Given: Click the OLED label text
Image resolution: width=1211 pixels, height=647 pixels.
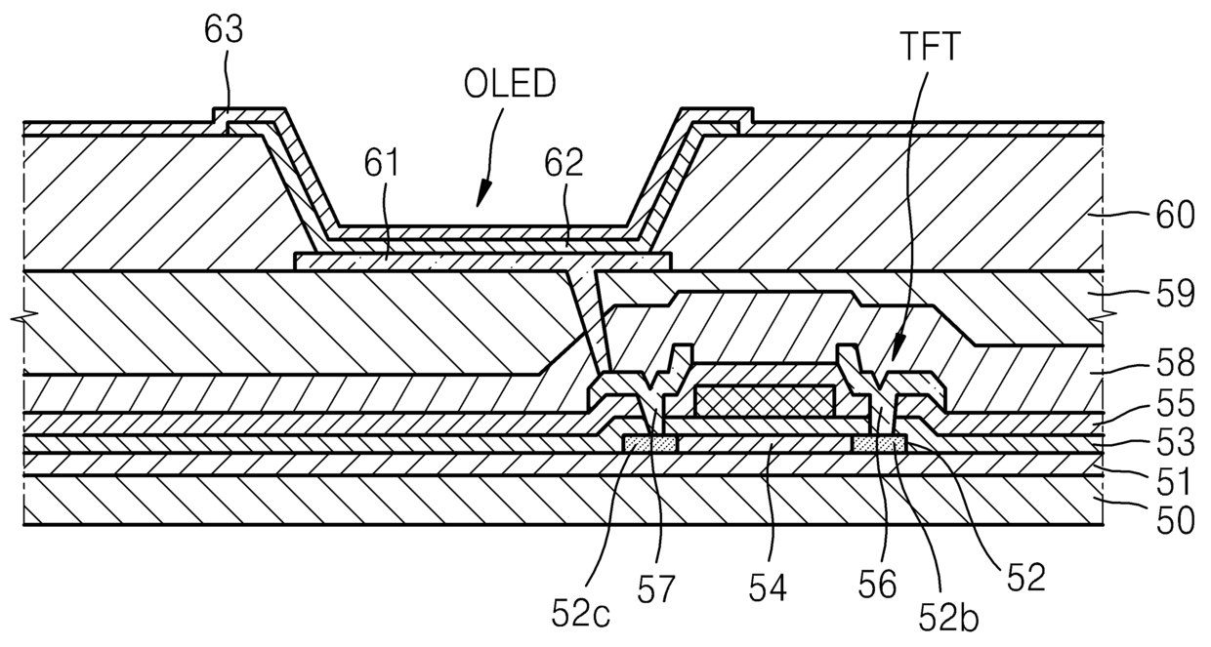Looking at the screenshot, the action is [510, 84].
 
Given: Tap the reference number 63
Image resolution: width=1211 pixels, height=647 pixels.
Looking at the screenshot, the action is [224, 29].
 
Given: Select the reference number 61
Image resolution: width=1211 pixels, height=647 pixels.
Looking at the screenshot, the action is [381, 162].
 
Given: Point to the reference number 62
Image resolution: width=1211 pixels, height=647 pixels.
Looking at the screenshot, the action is [564, 162].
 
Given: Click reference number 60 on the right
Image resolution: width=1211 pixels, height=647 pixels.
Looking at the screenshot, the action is [1175, 215].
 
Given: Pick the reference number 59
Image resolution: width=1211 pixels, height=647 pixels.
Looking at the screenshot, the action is [1175, 294].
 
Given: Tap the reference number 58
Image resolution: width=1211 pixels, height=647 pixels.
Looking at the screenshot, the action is [1175, 363].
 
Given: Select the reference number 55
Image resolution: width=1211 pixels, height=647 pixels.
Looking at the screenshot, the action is [1175, 403].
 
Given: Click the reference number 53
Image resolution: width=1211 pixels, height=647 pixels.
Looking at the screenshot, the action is [1175, 442].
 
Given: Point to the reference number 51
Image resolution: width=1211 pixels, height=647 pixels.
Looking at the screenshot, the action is [1173, 481].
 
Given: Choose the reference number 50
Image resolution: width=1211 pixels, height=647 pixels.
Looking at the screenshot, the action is [1175, 520].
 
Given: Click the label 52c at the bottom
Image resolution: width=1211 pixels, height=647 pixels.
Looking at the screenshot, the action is [581, 613].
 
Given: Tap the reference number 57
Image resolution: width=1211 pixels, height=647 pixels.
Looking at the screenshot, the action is [656, 588].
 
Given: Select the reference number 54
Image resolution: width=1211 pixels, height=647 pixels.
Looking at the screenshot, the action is [768, 587].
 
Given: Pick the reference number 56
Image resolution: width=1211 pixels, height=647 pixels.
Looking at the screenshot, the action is [877, 585].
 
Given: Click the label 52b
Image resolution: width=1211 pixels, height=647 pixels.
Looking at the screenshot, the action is [949, 618].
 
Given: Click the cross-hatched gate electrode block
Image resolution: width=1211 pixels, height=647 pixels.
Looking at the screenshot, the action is [764, 400].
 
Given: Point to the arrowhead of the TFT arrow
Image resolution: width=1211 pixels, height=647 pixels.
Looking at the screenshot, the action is [897, 344].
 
